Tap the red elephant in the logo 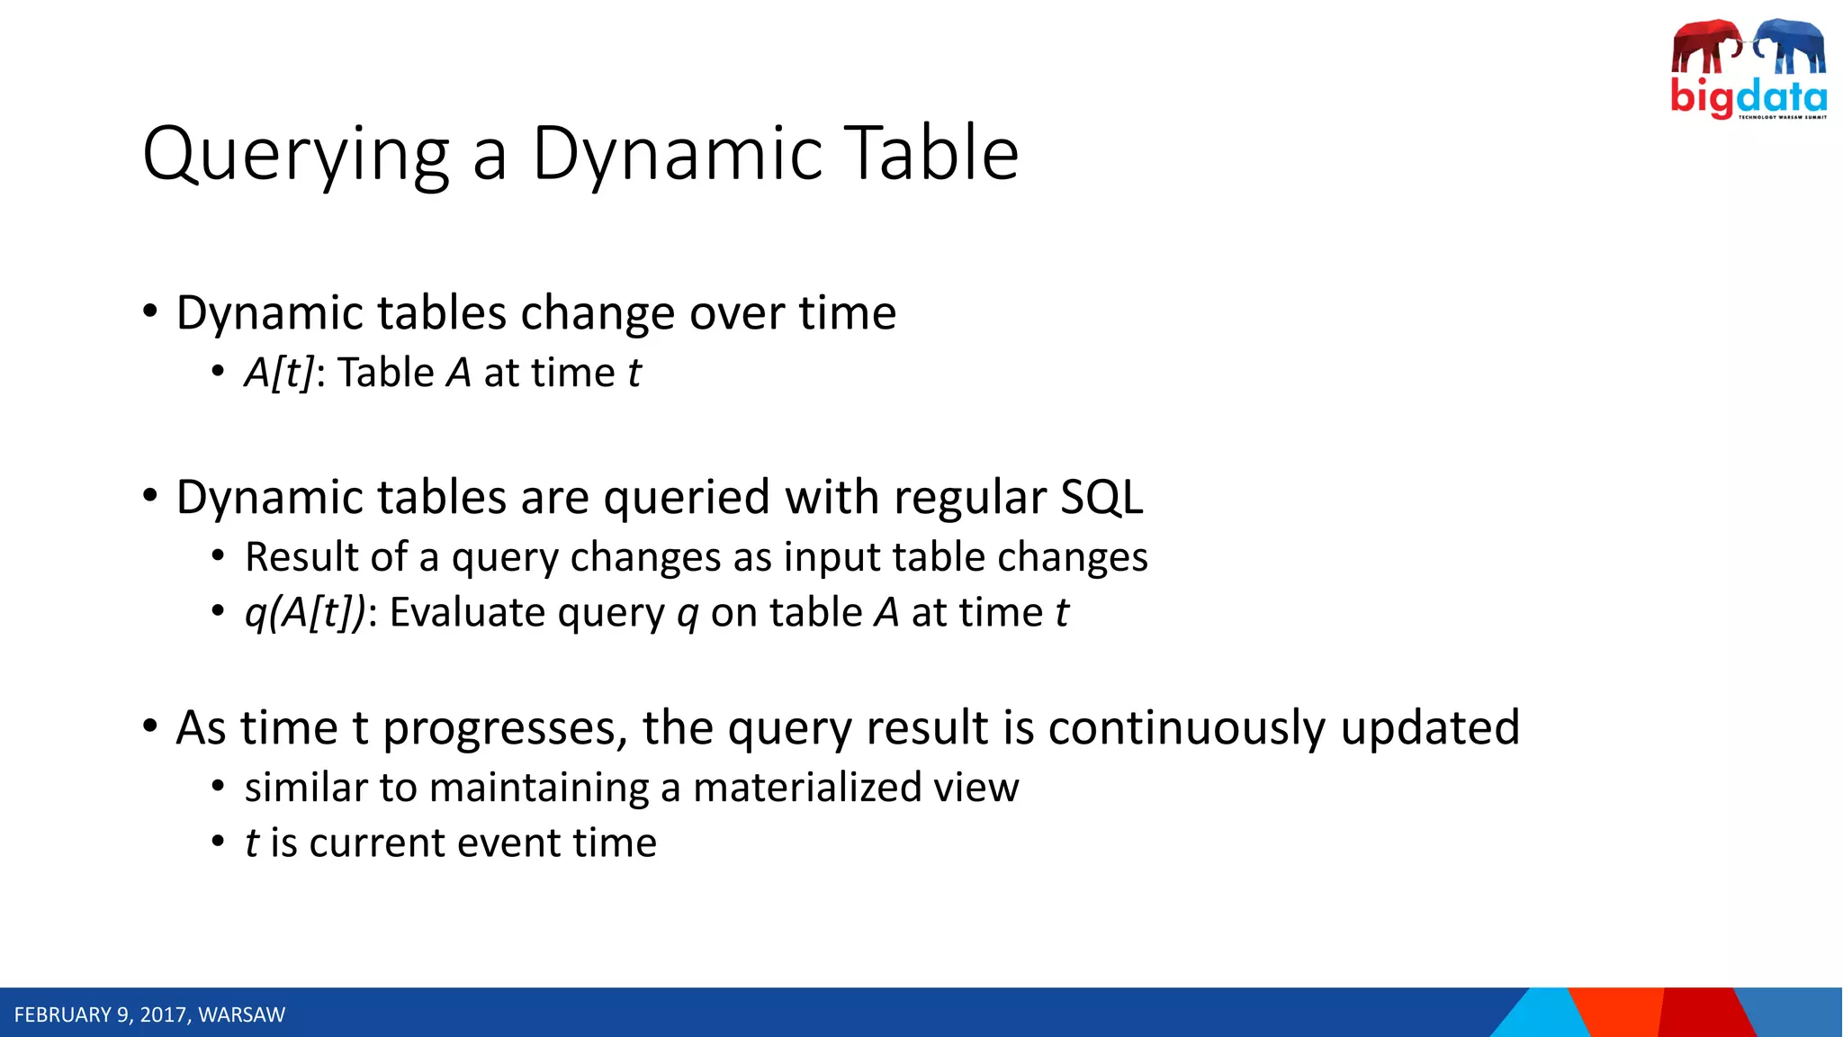1706,47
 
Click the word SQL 1101,497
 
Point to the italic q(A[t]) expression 305,613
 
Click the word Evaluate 467,613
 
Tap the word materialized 807,788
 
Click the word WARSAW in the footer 241,1015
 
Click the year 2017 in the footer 163,1015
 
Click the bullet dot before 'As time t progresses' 150,726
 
